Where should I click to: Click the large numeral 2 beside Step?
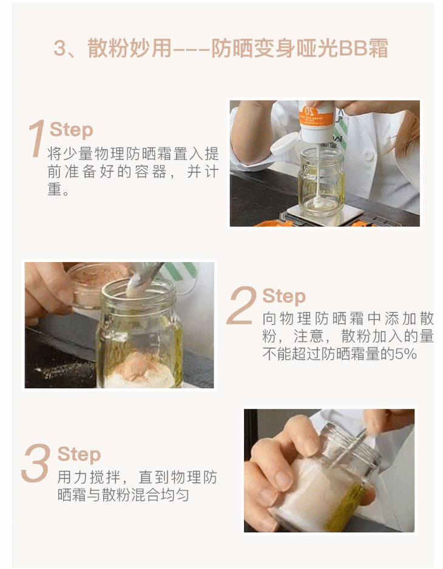click(x=242, y=305)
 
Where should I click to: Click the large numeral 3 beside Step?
click(x=36, y=463)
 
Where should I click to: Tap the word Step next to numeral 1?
click(x=72, y=130)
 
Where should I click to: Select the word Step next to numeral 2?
click(x=284, y=297)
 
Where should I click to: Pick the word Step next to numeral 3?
click(x=79, y=454)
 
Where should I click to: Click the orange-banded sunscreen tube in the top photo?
click(x=316, y=121)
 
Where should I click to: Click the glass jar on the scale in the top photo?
click(x=322, y=181)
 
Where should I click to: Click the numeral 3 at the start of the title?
click(x=59, y=49)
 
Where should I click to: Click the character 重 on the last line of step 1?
click(x=55, y=189)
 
